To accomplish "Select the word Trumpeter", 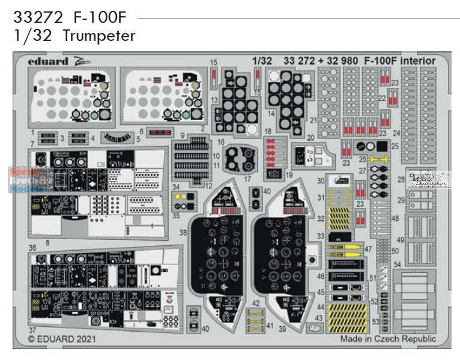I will point(98,36).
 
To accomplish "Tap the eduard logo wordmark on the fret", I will point(48,61).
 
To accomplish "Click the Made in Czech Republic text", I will point(388,339).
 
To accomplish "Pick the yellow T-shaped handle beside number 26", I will point(378,159).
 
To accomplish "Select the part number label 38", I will point(183,232).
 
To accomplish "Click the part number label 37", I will point(31,329).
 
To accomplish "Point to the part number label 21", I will point(313,121).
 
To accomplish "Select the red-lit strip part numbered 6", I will point(160,132).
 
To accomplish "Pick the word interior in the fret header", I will point(418,61).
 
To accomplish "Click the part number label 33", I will point(321,237).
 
